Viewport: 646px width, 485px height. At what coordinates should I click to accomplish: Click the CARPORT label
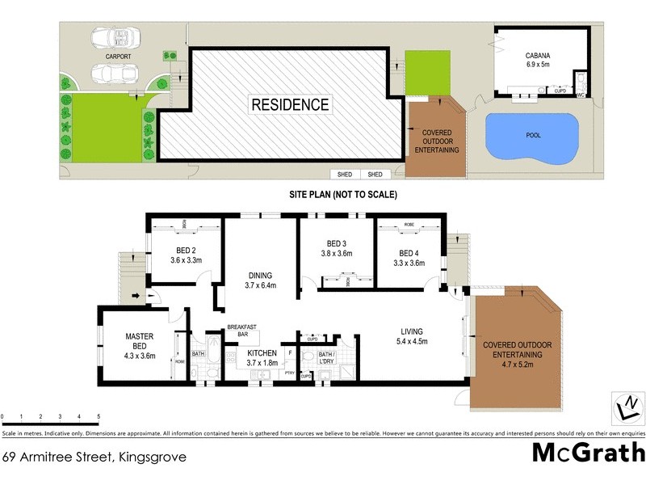pyautogui.click(x=120, y=57)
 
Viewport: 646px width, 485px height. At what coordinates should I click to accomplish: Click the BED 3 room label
pyautogui.click(x=338, y=249)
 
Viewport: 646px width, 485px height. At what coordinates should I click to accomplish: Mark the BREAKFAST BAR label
pyautogui.click(x=241, y=331)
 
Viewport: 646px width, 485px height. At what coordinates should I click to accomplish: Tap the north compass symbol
pyautogui.click(x=624, y=407)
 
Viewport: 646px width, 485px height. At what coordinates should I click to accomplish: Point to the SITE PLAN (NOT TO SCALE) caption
pyautogui.click(x=343, y=195)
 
